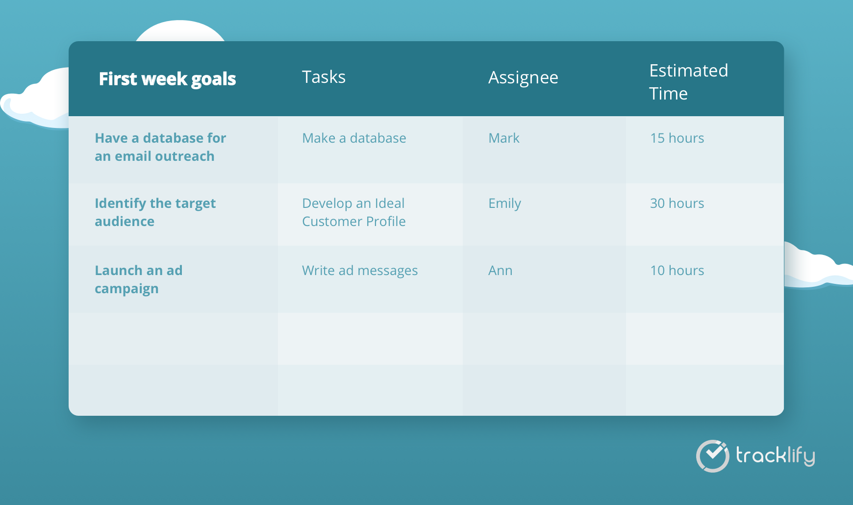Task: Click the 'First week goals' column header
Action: tap(167, 79)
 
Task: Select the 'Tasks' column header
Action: tap(324, 77)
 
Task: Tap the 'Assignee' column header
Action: tap(523, 77)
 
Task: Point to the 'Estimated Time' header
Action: tap(688, 82)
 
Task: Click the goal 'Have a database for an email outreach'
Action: tap(160, 147)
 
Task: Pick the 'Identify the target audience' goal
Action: tap(155, 212)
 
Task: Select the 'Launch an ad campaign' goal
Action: tap(138, 279)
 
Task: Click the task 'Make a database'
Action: tap(354, 138)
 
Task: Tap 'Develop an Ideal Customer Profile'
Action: tap(353, 212)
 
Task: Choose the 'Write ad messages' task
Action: tap(360, 271)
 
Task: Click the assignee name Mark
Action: tap(503, 138)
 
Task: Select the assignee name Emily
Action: tap(504, 203)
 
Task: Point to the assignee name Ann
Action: tap(500, 271)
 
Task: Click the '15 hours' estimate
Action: tap(677, 138)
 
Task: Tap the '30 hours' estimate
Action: tap(677, 203)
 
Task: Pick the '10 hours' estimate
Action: tap(677, 271)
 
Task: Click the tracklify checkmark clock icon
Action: tap(713, 456)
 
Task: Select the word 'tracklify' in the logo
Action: tap(775, 456)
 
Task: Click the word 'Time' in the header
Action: tap(668, 94)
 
